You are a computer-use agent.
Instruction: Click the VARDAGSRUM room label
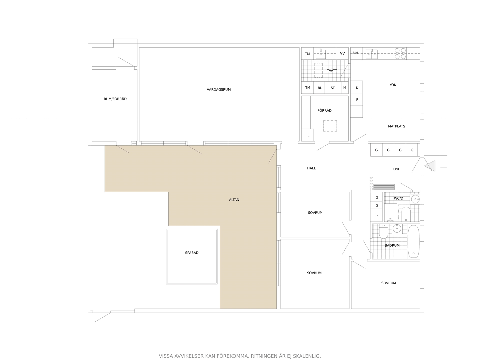pos(219,89)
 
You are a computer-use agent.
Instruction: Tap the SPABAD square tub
pos(191,256)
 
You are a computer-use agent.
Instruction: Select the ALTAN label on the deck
pos(234,199)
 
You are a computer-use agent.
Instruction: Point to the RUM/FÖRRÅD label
pos(115,99)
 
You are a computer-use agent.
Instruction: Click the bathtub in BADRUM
pos(413,241)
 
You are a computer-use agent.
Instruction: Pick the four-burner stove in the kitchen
pos(400,53)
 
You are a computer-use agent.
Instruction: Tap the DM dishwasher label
pos(355,53)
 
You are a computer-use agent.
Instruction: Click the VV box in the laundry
pos(342,53)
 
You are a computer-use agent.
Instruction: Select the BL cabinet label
pos(320,88)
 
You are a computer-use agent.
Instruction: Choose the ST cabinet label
pos(333,88)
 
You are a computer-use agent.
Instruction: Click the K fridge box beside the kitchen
pos(357,87)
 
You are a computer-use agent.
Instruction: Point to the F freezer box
pos(357,99)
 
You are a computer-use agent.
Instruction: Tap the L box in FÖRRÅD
pos(307,135)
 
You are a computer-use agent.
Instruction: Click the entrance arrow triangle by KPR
pos(430,166)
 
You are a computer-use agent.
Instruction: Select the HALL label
pos(311,168)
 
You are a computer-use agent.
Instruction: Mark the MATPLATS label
pos(396,126)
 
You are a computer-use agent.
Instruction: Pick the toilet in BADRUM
pos(383,231)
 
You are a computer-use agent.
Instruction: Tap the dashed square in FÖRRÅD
pos(330,126)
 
